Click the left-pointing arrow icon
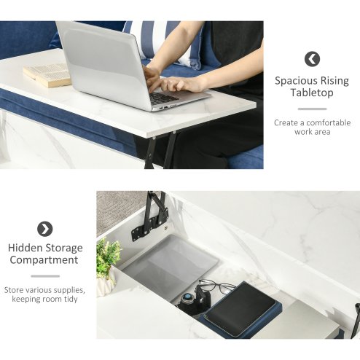(312, 59)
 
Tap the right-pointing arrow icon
(45, 229)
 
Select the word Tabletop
(312, 93)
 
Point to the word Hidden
(25, 248)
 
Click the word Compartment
(44, 260)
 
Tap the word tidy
(71, 299)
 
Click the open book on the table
(47, 74)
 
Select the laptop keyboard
(163, 98)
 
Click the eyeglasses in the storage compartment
(216, 286)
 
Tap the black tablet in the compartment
(240, 309)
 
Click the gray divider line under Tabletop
(312, 109)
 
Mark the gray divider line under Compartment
(45, 276)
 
